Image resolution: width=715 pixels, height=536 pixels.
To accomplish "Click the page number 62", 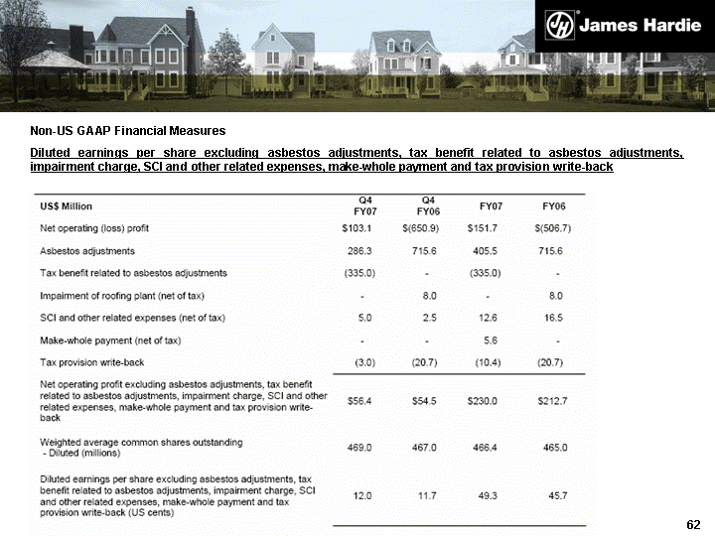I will [693, 523].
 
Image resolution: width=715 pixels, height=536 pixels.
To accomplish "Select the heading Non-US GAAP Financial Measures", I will [127, 131].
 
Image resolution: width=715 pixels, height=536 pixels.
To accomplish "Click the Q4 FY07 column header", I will [365, 205].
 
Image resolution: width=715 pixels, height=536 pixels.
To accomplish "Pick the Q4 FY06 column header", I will [429, 205].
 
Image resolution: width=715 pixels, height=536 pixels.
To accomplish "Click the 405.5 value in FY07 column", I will [488, 250].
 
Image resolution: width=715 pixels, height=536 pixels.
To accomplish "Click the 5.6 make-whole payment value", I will [488, 340].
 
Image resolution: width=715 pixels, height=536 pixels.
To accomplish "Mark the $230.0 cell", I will [484, 401].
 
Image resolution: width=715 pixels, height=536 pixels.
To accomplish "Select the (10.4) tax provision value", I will [488, 362].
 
